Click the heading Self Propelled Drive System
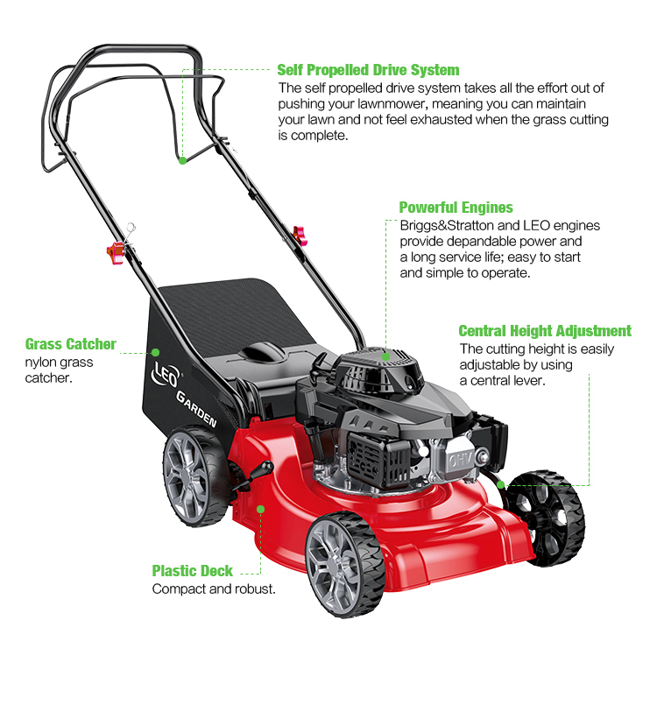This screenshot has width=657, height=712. click(x=368, y=70)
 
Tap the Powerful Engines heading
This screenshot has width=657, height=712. click(x=456, y=208)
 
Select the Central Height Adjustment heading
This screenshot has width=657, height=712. click(x=544, y=331)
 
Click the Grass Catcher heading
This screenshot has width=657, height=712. click(x=70, y=344)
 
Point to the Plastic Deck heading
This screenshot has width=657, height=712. click(x=193, y=571)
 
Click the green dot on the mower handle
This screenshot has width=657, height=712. click(x=182, y=160)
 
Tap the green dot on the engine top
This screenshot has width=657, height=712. click(x=385, y=356)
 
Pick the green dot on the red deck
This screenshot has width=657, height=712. click(x=260, y=508)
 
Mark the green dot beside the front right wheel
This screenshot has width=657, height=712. click(x=500, y=483)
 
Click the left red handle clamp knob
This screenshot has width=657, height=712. click(x=115, y=252)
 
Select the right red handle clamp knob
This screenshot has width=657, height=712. click(x=300, y=234)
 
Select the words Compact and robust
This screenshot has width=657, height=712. click(x=214, y=589)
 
